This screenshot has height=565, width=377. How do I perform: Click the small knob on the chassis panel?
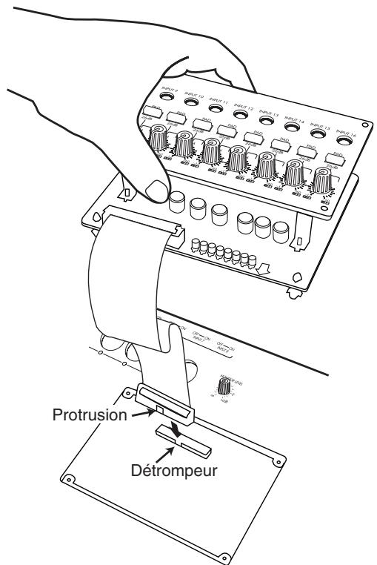pyautogui.click(x=222, y=386)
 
